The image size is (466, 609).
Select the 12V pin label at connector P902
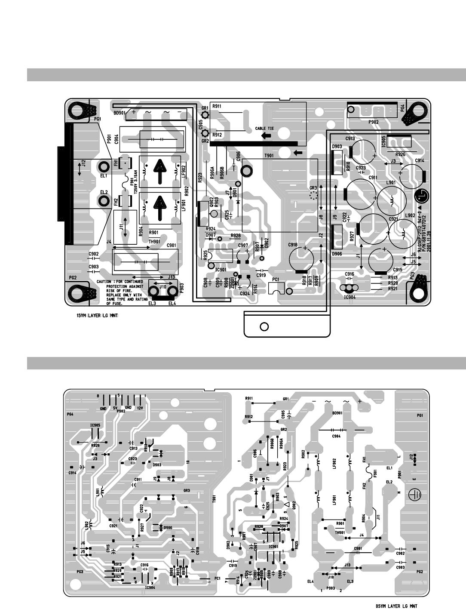click(140, 408)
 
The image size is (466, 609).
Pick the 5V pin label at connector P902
click(115, 408)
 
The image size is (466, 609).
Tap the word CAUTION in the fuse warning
click(105, 282)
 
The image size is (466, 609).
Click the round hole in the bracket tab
click(265, 326)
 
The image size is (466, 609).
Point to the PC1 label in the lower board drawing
click(217, 578)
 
